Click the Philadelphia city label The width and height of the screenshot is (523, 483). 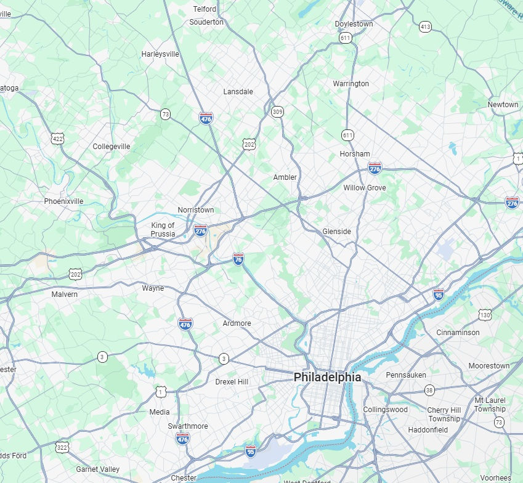coord(327,376)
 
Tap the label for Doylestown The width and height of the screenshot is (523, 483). coord(354,24)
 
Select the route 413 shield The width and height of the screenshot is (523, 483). coord(425,26)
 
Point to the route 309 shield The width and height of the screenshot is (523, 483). coord(278,112)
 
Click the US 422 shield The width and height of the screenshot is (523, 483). coord(58,139)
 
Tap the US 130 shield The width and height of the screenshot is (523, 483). coord(485,315)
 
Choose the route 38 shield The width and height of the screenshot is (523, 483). coord(429,390)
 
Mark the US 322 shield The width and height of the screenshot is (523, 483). coord(62,446)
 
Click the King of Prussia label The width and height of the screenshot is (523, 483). coord(163,229)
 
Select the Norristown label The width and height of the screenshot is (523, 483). coord(196,210)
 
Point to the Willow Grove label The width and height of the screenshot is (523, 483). coord(365,188)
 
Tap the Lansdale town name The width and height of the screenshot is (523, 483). coord(238,92)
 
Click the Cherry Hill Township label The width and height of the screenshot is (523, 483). coord(444,415)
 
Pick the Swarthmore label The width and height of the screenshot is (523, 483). coord(188,426)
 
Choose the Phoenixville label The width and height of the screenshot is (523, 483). coord(63,201)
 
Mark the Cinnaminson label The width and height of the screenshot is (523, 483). coord(458,333)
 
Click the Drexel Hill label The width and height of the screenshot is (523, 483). coord(232,382)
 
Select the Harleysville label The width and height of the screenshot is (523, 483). coord(160,54)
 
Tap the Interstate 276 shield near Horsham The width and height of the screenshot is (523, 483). coord(375,167)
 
